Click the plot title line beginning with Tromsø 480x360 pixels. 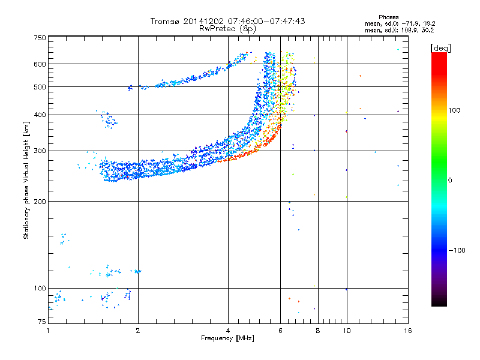click(227, 21)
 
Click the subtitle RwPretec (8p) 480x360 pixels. click(227, 29)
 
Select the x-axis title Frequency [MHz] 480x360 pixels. click(227, 338)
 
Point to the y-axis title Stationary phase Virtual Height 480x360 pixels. click(26, 180)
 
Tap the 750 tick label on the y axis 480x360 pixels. click(40, 38)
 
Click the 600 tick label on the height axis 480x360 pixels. click(40, 64)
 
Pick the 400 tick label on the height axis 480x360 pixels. click(40, 115)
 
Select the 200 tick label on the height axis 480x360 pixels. click(40, 202)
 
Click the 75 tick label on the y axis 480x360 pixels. click(42, 322)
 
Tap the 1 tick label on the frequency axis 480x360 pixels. click(49, 331)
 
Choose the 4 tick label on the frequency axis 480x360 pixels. click(228, 331)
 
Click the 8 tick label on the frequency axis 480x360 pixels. click(318, 331)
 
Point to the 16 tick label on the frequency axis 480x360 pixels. click(408, 331)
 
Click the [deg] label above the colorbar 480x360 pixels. click(440, 48)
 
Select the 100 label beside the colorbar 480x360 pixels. click(454, 110)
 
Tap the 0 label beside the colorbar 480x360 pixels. click(450, 180)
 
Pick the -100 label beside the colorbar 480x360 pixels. click(457, 250)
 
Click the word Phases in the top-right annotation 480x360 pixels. click(388, 17)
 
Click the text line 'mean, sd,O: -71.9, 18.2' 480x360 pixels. click(400, 23)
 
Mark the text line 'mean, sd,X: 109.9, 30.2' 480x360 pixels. click(399, 30)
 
